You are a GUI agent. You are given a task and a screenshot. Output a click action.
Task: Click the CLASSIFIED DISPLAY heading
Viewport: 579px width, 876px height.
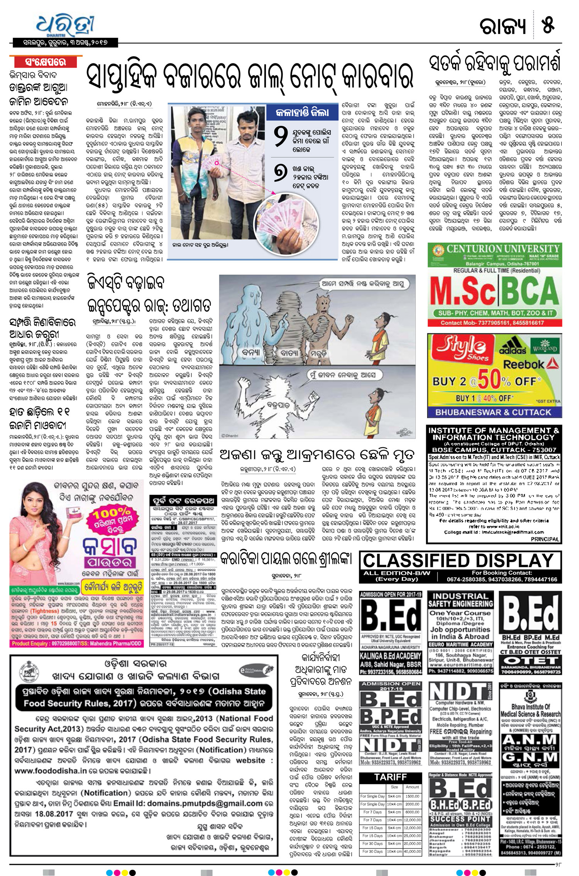point(459,560)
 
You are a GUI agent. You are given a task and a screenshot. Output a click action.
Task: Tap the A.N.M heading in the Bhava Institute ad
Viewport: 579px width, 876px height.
point(530,740)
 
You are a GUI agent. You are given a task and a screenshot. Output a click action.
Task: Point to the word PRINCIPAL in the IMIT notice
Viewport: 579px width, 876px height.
point(545,539)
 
